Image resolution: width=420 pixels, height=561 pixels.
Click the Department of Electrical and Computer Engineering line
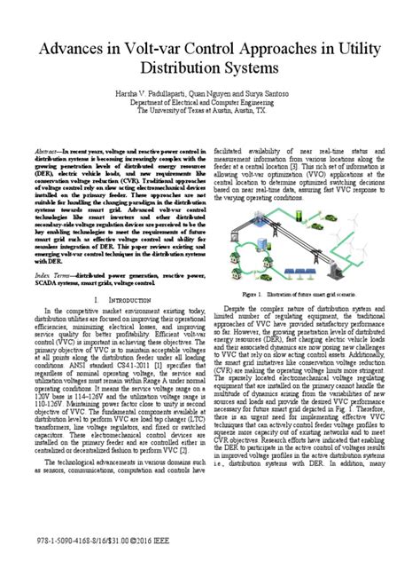[x=210, y=102]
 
